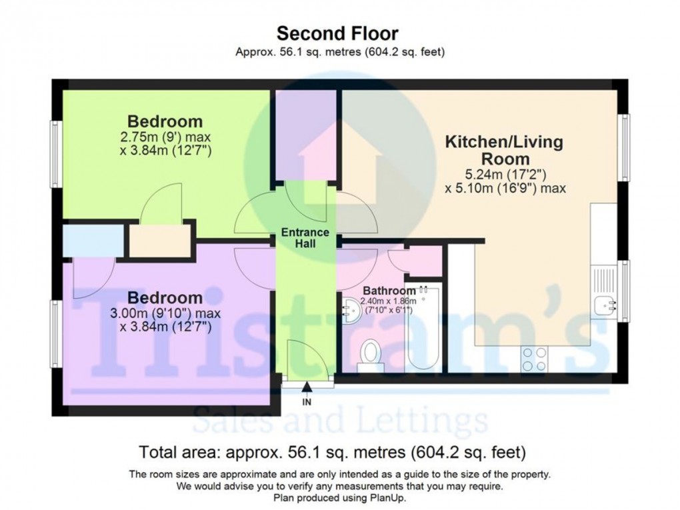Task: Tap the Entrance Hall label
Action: coord(304,238)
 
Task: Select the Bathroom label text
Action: coord(389,291)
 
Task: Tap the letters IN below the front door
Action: coord(307,402)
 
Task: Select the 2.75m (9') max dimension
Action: coord(165,137)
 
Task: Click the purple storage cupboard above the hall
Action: coord(306,133)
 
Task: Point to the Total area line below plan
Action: coord(332,453)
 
